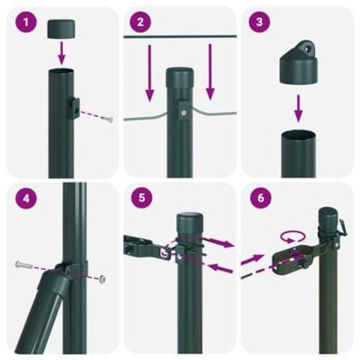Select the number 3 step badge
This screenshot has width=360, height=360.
[259, 22]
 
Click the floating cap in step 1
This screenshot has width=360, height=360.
[63, 29]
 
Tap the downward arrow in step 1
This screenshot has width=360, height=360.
[63, 53]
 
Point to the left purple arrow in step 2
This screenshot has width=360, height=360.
[150, 73]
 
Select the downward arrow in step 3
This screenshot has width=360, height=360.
[298, 106]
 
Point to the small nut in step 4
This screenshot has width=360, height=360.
[102, 278]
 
